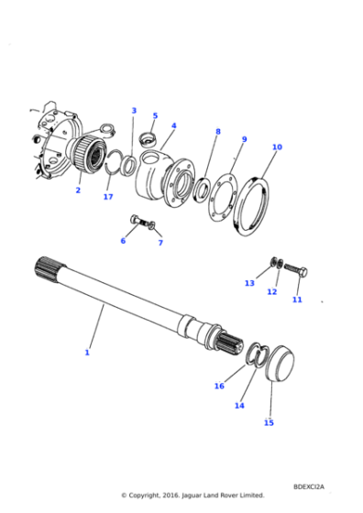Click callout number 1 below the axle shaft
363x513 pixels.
click(x=87, y=353)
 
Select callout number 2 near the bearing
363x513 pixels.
click(x=78, y=191)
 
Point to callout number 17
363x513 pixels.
click(x=108, y=197)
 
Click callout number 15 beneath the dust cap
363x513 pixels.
click(x=269, y=422)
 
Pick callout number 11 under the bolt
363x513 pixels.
click(x=297, y=300)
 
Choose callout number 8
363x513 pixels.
click(x=217, y=132)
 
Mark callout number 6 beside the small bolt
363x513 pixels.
click(x=123, y=241)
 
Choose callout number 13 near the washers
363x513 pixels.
click(x=249, y=283)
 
